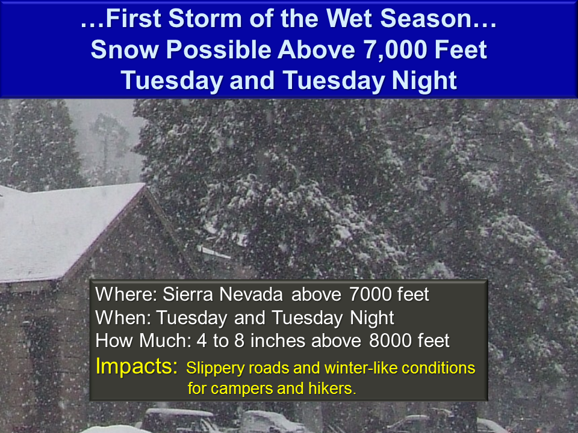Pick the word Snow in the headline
point(125,50)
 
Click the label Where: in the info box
point(126,294)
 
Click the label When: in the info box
point(123,318)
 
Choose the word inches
point(278,340)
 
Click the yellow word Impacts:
point(137,366)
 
